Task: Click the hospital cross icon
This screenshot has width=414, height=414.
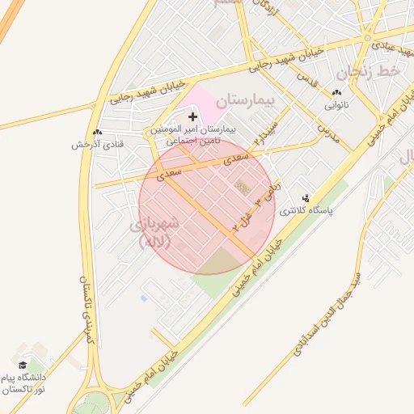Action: [192, 117]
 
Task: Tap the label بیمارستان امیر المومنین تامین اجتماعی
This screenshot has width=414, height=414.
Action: [192, 134]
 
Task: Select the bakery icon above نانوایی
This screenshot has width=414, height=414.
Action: [336, 92]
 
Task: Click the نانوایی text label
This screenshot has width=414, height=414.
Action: [336, 105]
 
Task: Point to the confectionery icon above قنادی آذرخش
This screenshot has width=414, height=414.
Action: [97, 132]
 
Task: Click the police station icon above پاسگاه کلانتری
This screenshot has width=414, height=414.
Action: [306, 196]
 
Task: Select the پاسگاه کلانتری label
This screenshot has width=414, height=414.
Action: [306, 210]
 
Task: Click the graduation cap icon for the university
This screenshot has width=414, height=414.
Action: [23, 365]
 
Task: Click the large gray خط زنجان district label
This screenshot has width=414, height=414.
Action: [368, 72]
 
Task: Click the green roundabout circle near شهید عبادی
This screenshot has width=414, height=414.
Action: [368, 37]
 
